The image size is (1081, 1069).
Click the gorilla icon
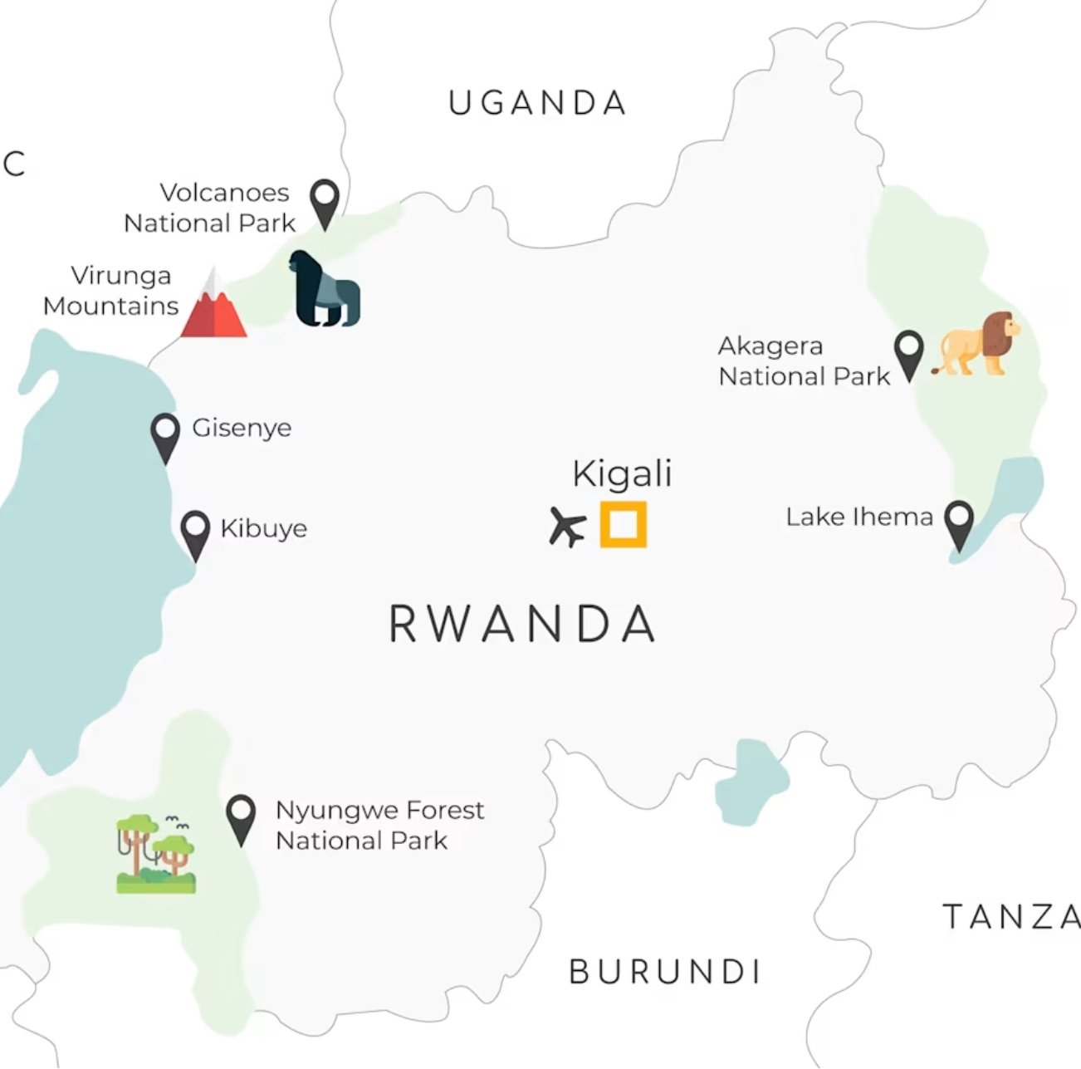click(326, 289)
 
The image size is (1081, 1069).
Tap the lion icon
click(976, 344)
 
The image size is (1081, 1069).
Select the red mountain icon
click(213, 306)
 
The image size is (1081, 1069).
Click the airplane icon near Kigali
click(567, 527)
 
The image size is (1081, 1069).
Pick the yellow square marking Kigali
click(623, 525)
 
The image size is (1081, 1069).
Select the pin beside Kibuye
click(195, 532)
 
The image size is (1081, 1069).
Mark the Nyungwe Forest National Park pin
click(241, 817)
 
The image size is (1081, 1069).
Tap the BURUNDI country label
click(664, 972)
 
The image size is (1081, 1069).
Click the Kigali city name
click(622, 474)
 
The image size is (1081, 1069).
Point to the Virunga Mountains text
click(111, 291)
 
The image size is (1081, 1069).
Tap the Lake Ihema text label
click(859, 517)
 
